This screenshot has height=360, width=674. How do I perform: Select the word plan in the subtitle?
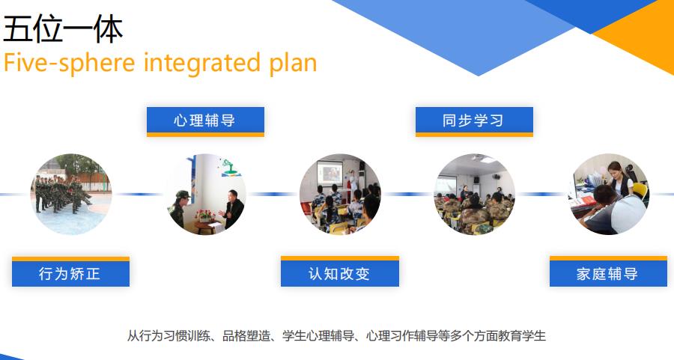point(293,64)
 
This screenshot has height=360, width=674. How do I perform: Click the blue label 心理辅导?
point(205,120)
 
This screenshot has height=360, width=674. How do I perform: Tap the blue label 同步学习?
point(474,120)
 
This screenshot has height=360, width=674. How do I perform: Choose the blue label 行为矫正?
point(70,274)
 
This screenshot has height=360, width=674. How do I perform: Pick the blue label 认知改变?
point(339,274)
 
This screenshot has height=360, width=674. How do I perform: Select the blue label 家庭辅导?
point(608,274)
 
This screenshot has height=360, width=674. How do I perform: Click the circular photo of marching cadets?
point(71,195)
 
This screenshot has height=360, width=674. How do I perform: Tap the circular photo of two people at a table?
point(206,195)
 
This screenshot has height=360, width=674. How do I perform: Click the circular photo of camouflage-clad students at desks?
point(475,195)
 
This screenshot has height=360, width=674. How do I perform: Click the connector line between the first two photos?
point(139,195)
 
